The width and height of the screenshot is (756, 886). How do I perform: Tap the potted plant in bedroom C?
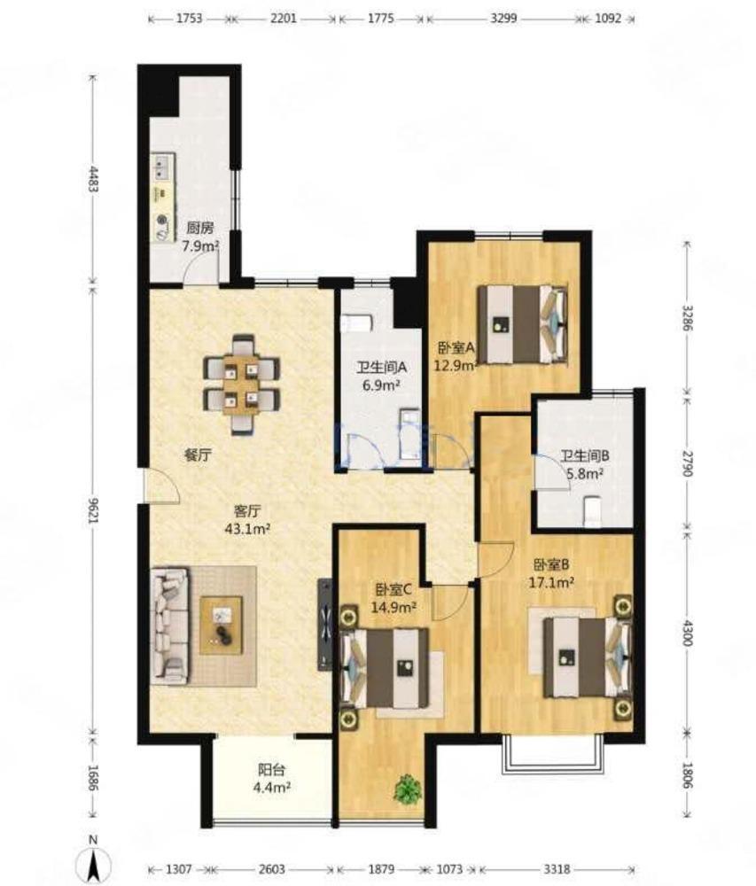[408, 789]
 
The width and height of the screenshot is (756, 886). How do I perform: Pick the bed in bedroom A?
[523, 323]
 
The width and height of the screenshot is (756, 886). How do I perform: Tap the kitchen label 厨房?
[200, 229]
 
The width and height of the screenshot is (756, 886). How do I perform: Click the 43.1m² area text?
[247, 530]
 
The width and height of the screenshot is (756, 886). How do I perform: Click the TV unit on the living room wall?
[325, 625]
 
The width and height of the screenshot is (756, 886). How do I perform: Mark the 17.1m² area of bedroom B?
[551, 581]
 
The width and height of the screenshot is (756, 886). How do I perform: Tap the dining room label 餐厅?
[199, 455]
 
